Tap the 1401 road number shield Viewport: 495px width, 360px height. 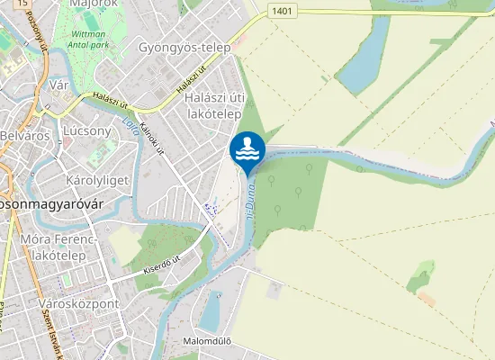281,10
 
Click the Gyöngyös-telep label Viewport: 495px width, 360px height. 184,47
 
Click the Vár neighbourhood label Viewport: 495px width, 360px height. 59,85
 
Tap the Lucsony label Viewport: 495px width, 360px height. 87,130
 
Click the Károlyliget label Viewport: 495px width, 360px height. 97,180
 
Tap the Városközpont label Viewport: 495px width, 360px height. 79,304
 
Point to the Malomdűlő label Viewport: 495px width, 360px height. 207,341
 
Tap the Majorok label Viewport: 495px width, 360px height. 94,4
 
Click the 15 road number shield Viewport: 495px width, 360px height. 22,4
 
